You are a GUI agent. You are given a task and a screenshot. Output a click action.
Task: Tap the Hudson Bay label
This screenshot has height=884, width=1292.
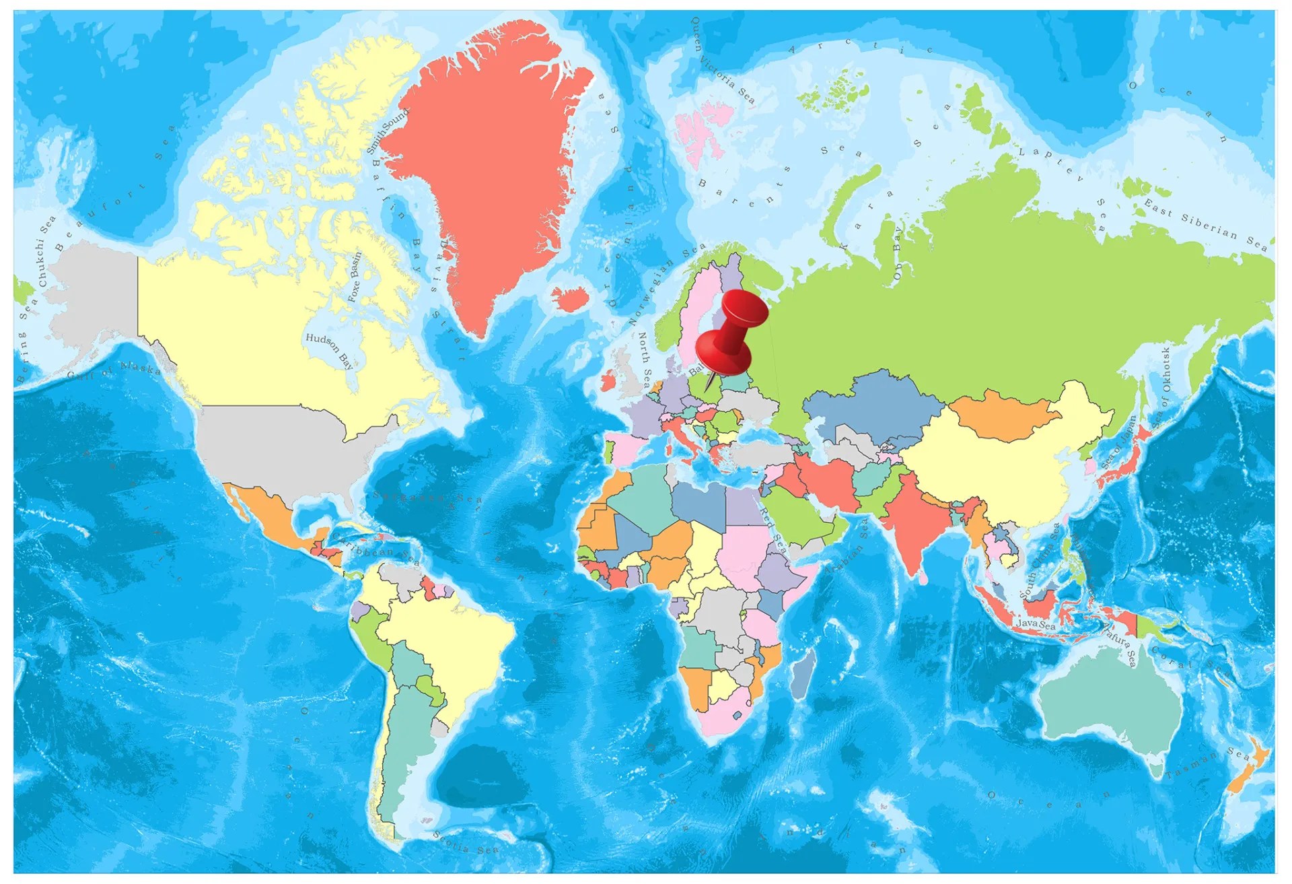click(329, 350)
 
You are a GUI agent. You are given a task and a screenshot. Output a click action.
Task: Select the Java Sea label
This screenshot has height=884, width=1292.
click(1036, 624)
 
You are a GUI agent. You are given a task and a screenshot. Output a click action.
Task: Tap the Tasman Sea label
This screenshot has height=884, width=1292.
click(1208, 764)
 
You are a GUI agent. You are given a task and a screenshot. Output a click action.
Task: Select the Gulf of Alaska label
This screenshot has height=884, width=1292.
click(114, 371)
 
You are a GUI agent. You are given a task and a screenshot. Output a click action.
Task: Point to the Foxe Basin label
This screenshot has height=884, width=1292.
click(355, 276)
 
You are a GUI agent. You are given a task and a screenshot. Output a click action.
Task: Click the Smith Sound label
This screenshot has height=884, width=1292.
click(387, 131)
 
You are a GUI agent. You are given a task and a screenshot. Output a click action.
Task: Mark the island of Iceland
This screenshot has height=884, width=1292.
click(571, 298)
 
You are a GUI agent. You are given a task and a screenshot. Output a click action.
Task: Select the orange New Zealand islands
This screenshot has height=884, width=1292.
click(1248, 768)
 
